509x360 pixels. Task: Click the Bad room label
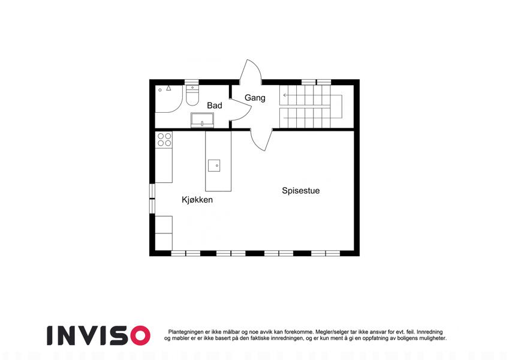tap(215, 105)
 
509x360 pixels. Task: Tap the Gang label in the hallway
tap(255, 98)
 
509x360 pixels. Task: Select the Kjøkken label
tap(197, 200)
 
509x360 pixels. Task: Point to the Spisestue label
tap(300, 191)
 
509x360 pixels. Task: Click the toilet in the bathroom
tap(192, 95)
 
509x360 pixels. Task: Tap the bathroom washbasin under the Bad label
tap(202, 120)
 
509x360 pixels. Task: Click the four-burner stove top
tap(164, 140)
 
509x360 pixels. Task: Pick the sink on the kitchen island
tap(214, 166)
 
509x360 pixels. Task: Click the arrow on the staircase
tap(285, 95)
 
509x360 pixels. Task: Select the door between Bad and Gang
tap(240, 109)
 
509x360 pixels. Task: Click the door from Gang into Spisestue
tap(261, 140)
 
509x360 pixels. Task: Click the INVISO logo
tap(99, 335)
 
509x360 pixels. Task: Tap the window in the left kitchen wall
tap(152, 199)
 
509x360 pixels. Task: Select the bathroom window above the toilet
tap(191, 82)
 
